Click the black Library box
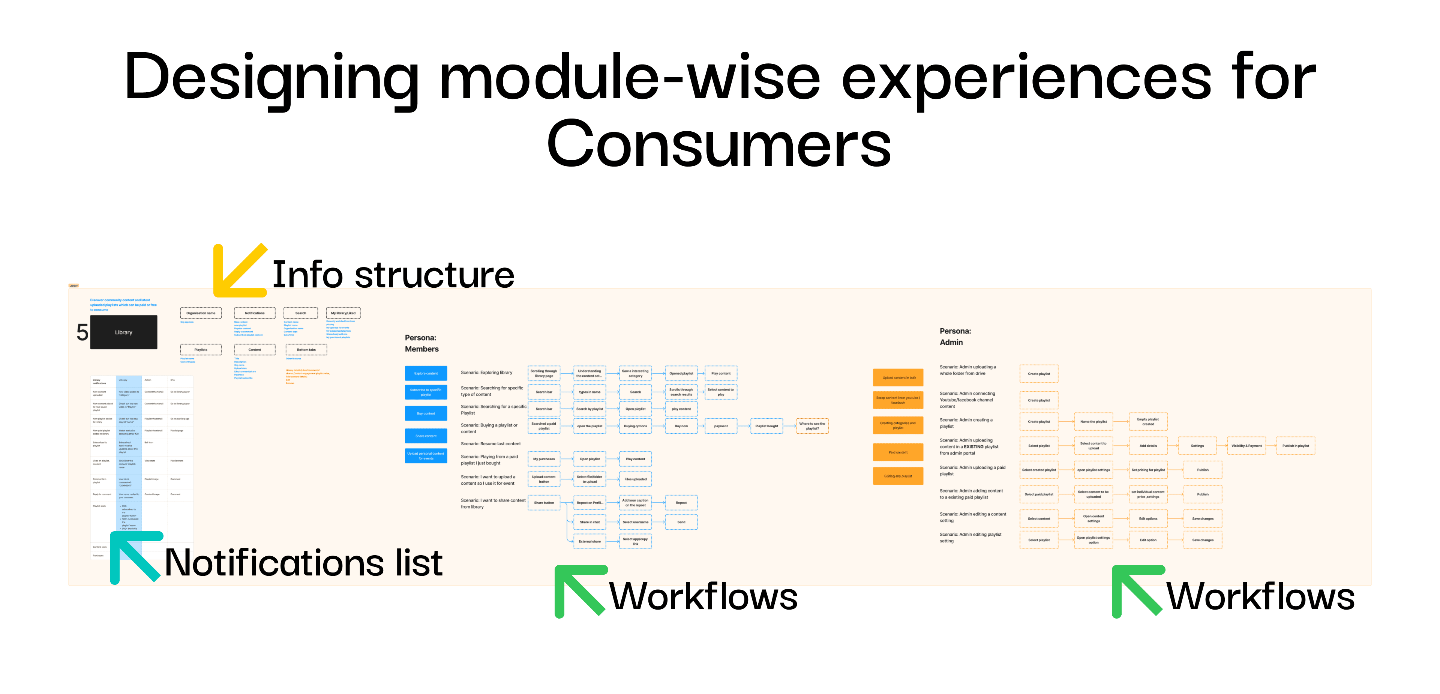pos(123,332)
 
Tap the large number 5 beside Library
pos(82,333)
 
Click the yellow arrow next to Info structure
pos(238,271)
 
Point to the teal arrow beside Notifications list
pos(134,556)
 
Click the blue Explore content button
pos(426,373)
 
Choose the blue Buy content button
pos(426,413)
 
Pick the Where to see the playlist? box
pos(812,426)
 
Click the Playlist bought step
pos(766,426)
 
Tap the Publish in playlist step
pos(1295,446)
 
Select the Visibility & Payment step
pos(1246,446)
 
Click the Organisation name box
pos(201,313)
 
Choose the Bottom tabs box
pos(306,350)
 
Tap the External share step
pos(590,541)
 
